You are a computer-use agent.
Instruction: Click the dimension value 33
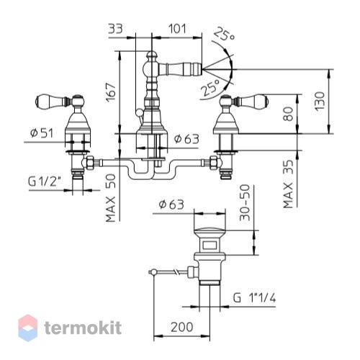(x=115, y=29)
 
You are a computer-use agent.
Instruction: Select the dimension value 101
(x=177, y=29)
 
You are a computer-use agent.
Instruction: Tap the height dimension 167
(x=111, y=92)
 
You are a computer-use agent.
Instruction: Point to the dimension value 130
(x=320, y=101)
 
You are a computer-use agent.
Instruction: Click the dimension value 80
(x=288, y=114)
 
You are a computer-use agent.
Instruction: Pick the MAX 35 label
(x=288, y=184)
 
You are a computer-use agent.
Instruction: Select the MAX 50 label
(x=111, y=198)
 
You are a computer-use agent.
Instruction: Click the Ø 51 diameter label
(x=42, y=133)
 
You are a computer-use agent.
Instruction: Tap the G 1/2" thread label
(x=44, y=181)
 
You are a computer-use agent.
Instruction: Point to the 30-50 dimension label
(x=245, y=202)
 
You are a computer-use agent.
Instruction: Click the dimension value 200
(x=181, y=327)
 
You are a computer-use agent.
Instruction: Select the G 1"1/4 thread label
(x=254, y=298)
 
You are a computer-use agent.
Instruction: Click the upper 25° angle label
(x=224, y=34)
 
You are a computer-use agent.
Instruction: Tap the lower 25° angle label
(x=210, y=87)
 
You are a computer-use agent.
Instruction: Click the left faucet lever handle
(x=53, y=101)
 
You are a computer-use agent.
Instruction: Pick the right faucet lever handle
(x=251, y=100)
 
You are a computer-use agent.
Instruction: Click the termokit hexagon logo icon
(x=28, y=328)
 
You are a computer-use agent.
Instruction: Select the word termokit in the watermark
(x=83, y=328)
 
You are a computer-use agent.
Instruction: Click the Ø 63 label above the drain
(x=171, y=204)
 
